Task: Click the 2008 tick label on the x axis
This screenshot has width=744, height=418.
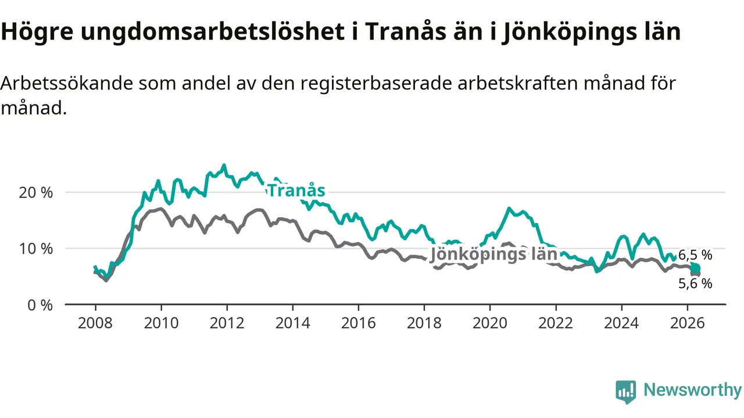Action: (95, 323)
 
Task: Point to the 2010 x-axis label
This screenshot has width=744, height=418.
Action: (161, 323)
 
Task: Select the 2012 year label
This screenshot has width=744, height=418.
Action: (227, 323)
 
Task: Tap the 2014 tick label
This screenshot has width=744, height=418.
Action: (292, 323)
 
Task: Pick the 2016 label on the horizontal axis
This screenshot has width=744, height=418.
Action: (359, 323)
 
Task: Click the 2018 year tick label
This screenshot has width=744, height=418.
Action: (424, 323)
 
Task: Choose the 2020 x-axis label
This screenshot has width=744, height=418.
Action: (490, 323)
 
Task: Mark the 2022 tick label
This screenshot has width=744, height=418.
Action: (556, 323)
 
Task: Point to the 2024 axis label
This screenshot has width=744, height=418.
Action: (621, 323)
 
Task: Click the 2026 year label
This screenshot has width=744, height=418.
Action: (687, 323)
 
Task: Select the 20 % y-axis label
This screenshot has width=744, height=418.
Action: (36, 193)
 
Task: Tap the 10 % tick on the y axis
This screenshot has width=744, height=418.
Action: (36, 249)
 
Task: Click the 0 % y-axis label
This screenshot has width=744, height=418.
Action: (40, 305)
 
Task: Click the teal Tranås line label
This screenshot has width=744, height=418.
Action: (296, 191)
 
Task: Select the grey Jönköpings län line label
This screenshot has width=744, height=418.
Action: (493, 255)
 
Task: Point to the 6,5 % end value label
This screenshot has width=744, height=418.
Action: (695, 255)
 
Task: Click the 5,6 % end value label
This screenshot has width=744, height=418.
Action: (695, 284)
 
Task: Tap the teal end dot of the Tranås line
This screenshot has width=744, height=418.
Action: (696, 268)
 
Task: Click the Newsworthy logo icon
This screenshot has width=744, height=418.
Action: (626, 392)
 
